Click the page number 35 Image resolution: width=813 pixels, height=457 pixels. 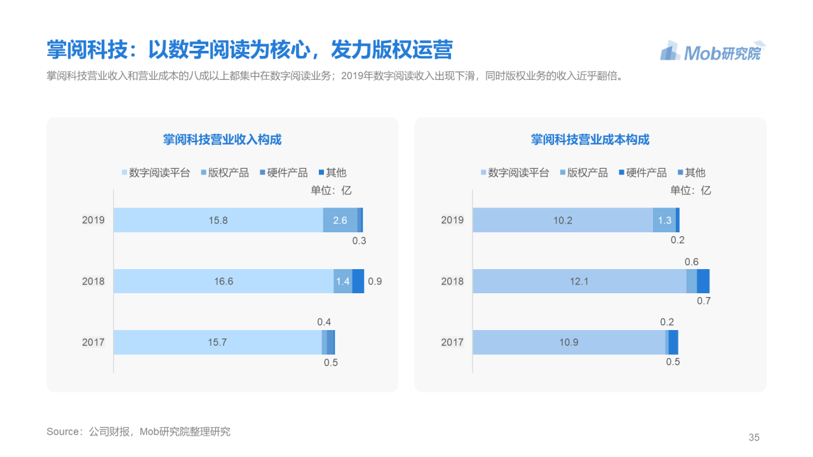[754, 437]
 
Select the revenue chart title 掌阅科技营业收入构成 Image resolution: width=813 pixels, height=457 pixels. [222, 140]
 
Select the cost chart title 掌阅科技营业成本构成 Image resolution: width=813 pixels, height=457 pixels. [590, 140]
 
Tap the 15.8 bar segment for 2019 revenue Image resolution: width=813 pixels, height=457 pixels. [218, 220]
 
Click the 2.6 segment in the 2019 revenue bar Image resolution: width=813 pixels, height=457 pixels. [340, 220]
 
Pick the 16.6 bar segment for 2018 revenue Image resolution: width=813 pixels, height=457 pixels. [223, 281]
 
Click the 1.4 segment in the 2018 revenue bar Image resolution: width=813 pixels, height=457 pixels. [343, 281]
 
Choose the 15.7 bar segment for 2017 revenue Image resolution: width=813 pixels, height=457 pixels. [217, 342]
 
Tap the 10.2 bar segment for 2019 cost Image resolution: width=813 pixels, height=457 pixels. [562, 220]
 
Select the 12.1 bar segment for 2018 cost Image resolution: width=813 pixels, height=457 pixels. [579, 281]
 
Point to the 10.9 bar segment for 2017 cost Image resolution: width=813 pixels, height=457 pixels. [568, 342]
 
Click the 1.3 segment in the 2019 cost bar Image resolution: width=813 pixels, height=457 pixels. [664, 220]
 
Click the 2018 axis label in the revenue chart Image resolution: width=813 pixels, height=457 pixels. [93, 281]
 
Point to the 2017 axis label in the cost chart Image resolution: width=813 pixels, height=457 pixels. [452, 342]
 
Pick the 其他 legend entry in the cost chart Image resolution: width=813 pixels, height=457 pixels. [694, 173]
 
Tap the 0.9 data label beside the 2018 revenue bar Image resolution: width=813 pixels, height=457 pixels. [375, 281]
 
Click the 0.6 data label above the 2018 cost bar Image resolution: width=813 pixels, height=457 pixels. [692, 262]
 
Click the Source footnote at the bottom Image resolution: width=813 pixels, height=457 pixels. [138, 432]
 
